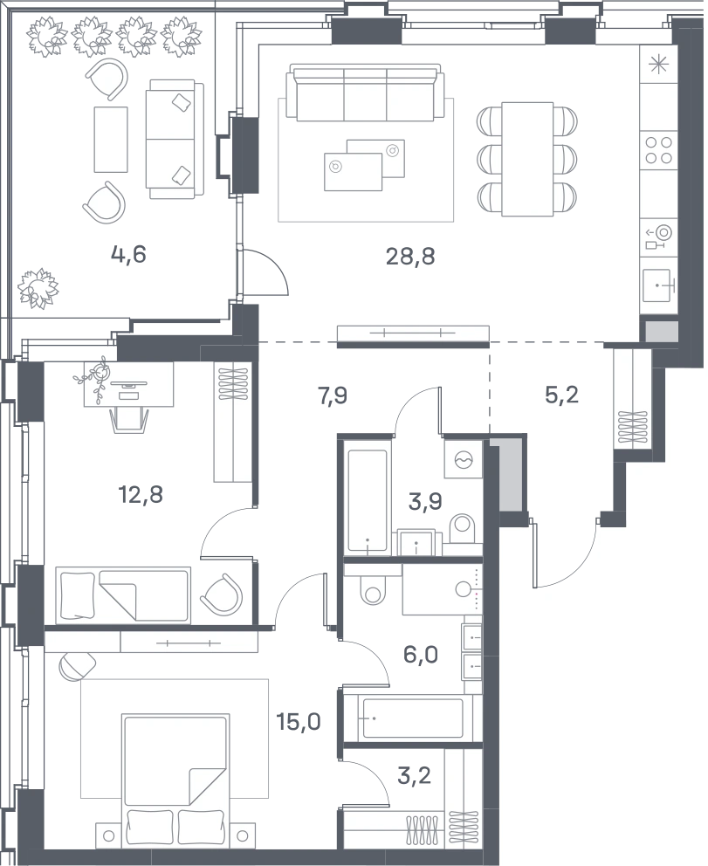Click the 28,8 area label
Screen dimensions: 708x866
(410, 257)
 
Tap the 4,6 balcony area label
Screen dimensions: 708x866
(128, 255)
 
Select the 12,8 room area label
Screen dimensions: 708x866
(141, 495)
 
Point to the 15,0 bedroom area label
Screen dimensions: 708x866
(299, 721)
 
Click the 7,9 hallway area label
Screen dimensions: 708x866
(333, 396)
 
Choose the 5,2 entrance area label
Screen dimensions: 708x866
(561, 395)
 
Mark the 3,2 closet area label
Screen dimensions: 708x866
(414, 775)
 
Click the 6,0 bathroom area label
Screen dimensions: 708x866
(421, 655)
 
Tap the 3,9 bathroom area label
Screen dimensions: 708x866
(425, 502)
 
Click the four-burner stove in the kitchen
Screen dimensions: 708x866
(659, 150)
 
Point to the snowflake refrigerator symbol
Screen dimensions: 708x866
(657, 65)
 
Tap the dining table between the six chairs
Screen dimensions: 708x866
(527, 159)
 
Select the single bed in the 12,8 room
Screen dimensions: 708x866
(123, 595)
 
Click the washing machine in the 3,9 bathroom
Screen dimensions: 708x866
(464, 458)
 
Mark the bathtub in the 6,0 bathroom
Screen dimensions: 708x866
(412, 719)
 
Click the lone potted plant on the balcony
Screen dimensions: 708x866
(38, 287)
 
